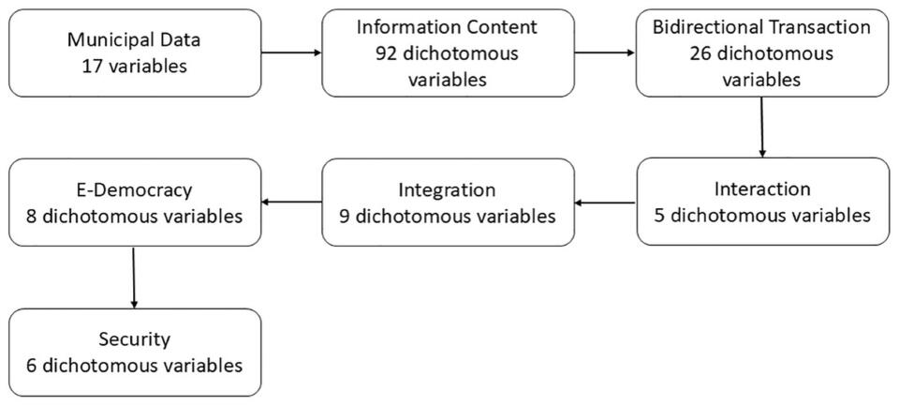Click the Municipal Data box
point(134,53)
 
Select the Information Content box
point(448,53)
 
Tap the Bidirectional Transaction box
point(761,53)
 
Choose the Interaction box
point(761,202)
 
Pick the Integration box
point(448,202)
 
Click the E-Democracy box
point(134,202)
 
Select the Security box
point(134,352)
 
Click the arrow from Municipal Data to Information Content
point(290,53)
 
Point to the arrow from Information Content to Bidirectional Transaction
point(604,53)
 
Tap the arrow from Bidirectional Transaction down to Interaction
point(762,127)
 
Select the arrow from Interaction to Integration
point(604,202)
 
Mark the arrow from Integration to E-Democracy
point(290,202)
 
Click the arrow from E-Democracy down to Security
point(134,278)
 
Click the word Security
point(134,338)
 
